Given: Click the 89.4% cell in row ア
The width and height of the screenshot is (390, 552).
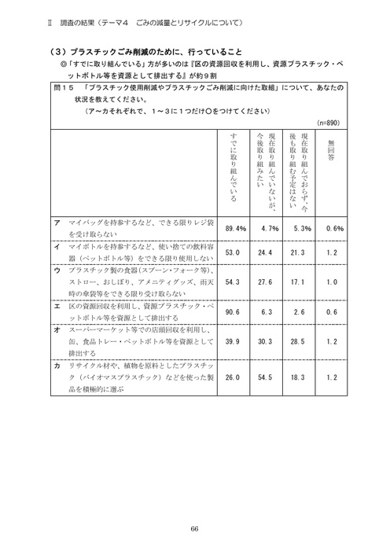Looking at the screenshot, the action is pos(236,228).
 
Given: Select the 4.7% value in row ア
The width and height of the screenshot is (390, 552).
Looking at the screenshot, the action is pos(270,228).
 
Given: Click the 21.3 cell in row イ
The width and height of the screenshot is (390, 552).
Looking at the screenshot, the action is pos(302,253).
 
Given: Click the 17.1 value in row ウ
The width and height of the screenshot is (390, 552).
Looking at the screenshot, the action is pos(302,281).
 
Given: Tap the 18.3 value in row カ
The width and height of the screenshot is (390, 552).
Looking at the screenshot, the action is pos(302,377).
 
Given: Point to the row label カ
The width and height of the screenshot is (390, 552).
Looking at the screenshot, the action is pos(57,367).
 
